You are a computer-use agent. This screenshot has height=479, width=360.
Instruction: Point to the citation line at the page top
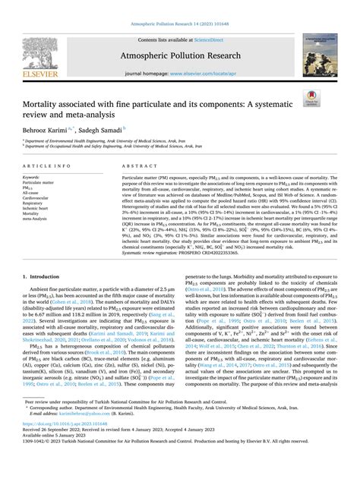point(179,6)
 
